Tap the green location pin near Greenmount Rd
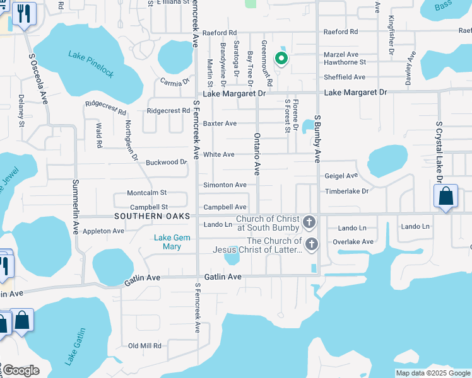coord(281,59)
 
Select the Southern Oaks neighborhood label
coord(153,216)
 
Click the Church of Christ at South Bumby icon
coord(309,222)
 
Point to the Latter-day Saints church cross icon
coord(310,244)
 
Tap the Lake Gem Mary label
coord(168,242)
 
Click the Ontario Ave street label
coord(257,154)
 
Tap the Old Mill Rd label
coord(145,346)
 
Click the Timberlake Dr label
coord(346,191)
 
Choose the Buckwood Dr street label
coord(167,162)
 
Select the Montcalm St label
coord(147,193)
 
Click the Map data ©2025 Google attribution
coord(433,373)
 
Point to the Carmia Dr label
coord(175,82)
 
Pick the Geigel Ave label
coord(341,176)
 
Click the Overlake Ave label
coord(356,241)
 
